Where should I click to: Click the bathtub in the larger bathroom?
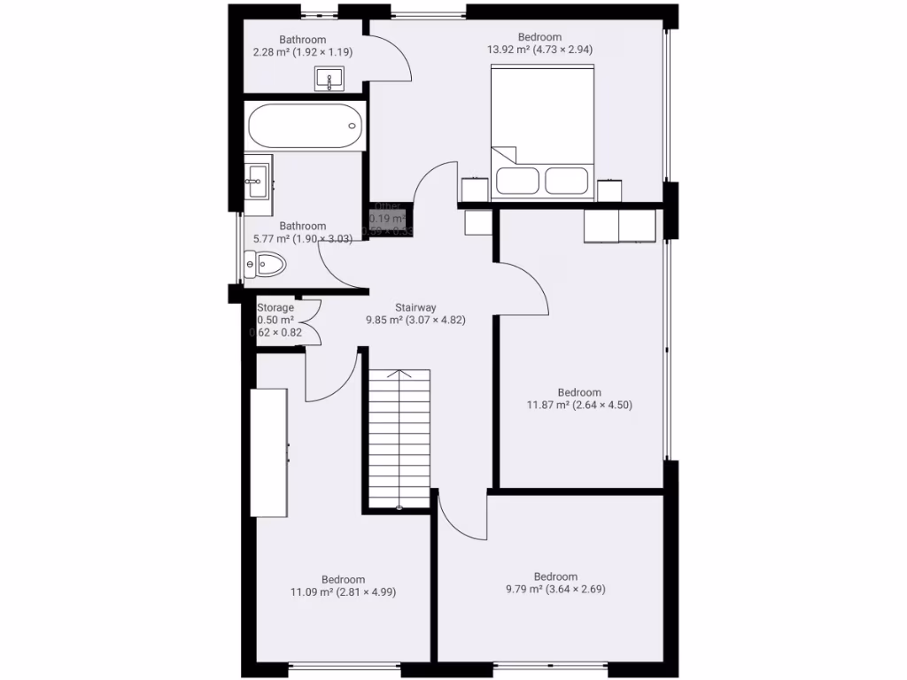pyautogui.click(x=305, y=127)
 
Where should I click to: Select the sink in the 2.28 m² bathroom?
pyautogui.click(x=330, y=81)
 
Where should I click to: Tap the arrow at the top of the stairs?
pyautogui.click(x=399, y=374)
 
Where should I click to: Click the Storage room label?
pyautogui.click(x=275, y=307)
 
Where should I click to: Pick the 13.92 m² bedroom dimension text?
pyautogui.click(x=539, y=50)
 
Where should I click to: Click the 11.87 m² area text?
pyautogui.click(x=579, y=406)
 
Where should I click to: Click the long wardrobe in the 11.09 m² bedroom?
pyautogui.click(x=268, y=452)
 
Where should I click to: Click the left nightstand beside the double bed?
pyautogui.click(x=475, y=189)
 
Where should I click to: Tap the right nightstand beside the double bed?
pyautogui.click(x=610, y=190)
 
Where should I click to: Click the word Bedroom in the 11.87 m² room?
pyautogui.click(x=579, y=392)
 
